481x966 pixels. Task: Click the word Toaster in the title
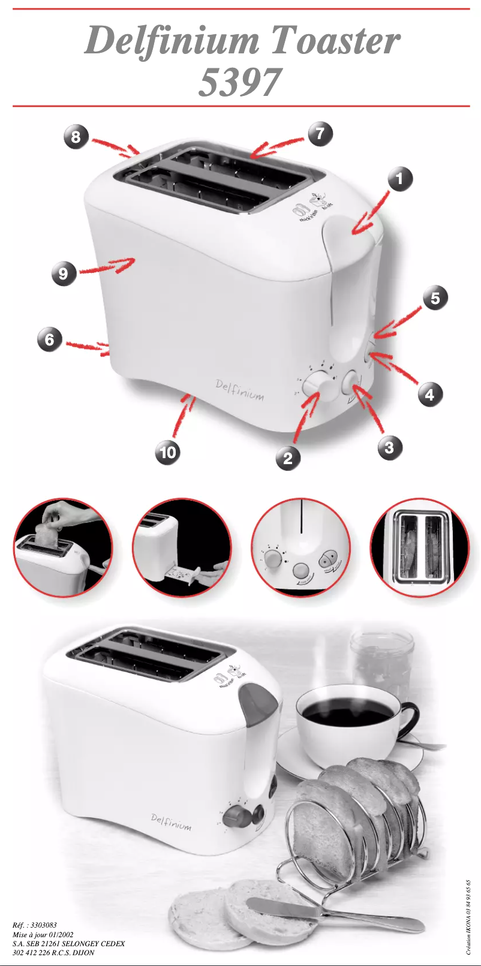coord(335,41)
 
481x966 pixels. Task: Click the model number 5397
coord(240,82)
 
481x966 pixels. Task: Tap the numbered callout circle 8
coord(76,136)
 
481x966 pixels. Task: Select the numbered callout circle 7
coord(320,133)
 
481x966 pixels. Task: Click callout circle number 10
coord(168,451)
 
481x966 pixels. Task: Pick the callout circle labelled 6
coord(50,340)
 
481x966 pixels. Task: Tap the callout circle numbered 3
coord(390,447)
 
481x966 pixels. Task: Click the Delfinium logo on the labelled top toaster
coord(239,389)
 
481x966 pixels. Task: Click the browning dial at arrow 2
coord(317,384)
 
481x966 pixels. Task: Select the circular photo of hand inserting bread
coord(63,547)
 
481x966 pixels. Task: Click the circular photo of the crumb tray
coord(182,547)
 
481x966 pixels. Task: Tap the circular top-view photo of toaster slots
coord(419,547)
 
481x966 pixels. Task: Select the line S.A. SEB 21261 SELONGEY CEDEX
coord(68,943)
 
